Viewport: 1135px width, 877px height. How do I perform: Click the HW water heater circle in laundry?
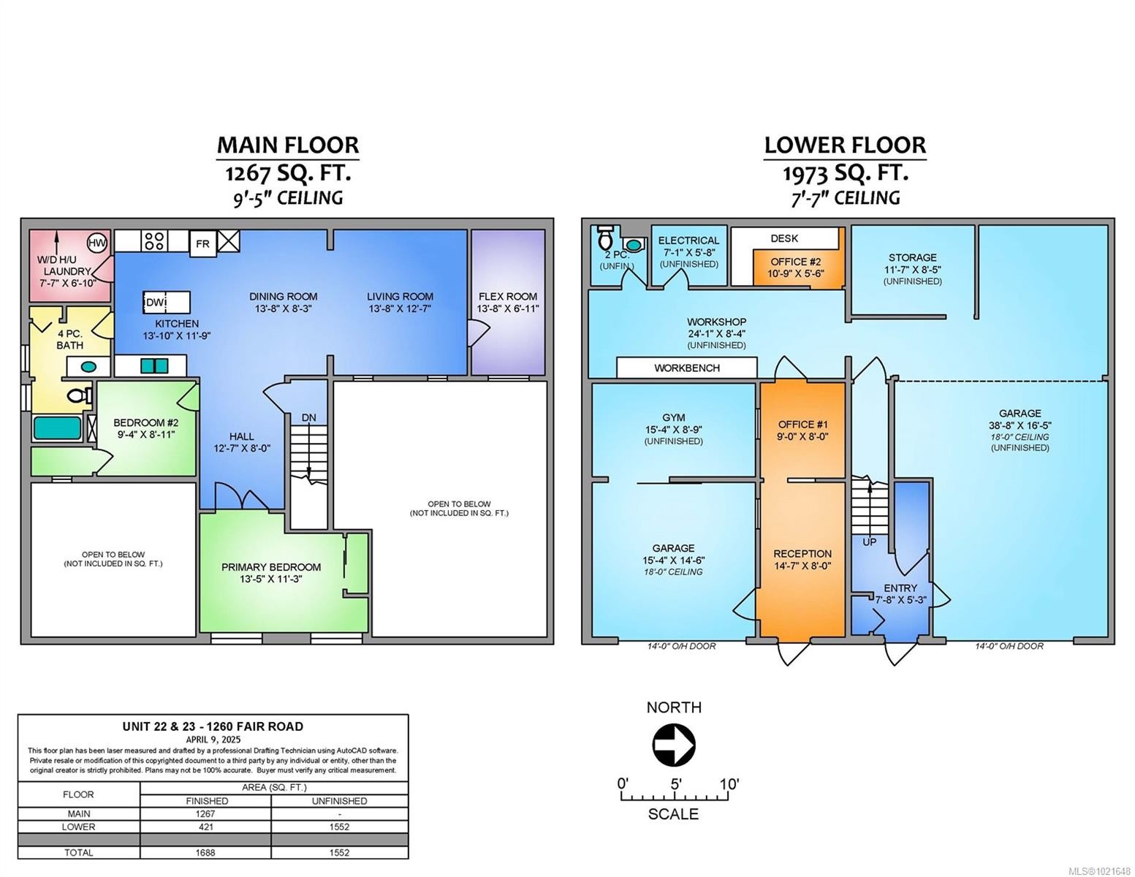click(x=96, y=243)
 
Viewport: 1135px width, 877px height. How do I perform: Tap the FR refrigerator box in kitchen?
click(x=202, y=244)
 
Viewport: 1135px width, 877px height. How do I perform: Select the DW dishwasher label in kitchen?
click(x=155, y=303)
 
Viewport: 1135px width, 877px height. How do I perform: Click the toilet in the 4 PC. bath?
click(x=78, y=396)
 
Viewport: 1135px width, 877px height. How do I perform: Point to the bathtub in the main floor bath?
click(x=58, y=428)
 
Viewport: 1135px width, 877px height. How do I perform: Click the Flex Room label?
click(x=508, y=297)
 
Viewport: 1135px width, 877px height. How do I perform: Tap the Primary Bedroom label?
click(x=271, y=567)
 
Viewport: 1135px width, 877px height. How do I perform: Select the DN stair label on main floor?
click(x=309, y=417)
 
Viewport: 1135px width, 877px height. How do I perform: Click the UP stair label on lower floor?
click(x=870, y=542)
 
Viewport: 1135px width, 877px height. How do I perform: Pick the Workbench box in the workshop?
click(x=686, y=368)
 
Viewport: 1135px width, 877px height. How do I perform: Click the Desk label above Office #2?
click(x=784, y=238)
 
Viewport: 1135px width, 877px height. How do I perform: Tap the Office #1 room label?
click(x=802, y=425)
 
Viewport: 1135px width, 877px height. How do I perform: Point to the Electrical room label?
click(x=688, y=240)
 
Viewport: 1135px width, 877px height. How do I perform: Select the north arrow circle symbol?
click(x=673, y=745)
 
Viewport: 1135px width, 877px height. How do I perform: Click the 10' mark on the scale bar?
click(x=728, y=784)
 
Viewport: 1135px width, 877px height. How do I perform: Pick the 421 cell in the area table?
click(x=207, y=827)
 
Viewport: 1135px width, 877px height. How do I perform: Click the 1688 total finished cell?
click(x=207, y=852)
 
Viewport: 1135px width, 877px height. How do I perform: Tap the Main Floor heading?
click(x=288, y=145)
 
